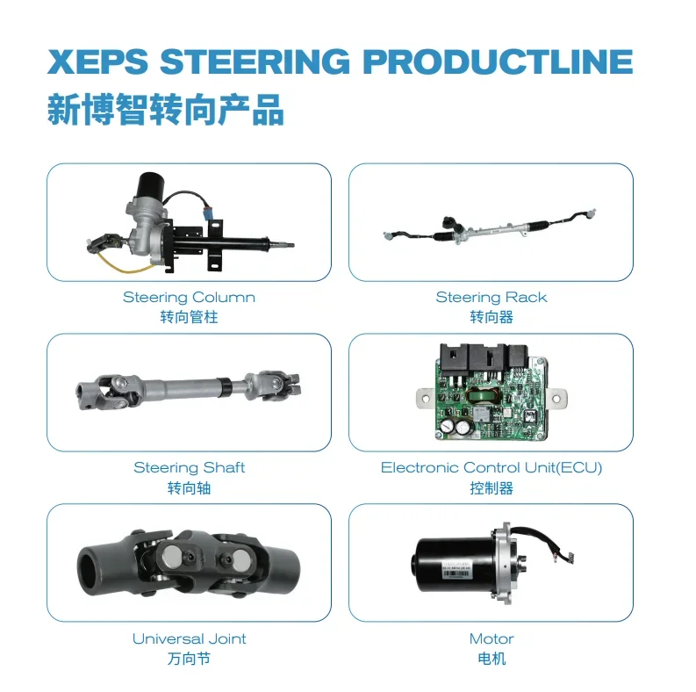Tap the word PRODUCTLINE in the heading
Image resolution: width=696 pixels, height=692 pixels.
[x=497, y=62]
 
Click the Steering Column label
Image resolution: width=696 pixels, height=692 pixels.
[x=189, y=298]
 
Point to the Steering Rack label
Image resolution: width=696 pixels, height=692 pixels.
[x=491, y=298]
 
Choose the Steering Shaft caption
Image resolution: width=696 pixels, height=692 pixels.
[x=189, y=468]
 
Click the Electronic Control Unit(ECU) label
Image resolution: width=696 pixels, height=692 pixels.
[x=491, y=468]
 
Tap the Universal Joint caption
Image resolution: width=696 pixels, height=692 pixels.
[x=189, y=638]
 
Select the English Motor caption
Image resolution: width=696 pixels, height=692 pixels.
[x=491, y=638]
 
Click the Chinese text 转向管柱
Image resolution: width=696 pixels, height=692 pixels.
[x=189, y=317]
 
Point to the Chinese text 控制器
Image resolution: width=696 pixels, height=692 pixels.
[x=491, y=487]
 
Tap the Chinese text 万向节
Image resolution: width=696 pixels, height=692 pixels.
[x=189, y=658]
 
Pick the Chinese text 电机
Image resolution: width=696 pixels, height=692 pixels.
[x=491, y=658]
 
